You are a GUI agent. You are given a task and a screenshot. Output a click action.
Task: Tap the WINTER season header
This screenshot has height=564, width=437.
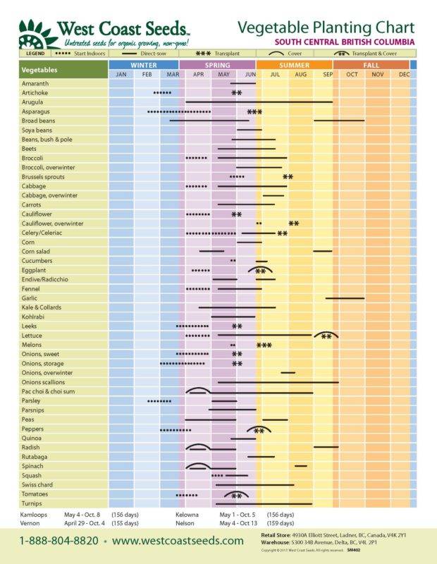coord(144,65)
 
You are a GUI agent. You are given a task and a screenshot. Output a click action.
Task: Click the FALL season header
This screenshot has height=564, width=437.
coord(371,65)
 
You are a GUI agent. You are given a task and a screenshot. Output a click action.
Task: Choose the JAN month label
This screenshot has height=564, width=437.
coord(121,74)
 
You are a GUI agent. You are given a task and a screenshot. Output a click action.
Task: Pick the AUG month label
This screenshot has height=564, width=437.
coord(301,74)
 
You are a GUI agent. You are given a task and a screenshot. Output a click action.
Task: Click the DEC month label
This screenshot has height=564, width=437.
coord(404,74)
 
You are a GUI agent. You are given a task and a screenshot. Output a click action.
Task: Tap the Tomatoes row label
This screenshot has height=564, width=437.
coord(36,494)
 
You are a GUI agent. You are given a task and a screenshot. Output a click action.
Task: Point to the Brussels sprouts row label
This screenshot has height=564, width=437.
coord(43,177)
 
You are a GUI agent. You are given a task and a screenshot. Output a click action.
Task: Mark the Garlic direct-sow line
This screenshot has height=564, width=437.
coord(345,298)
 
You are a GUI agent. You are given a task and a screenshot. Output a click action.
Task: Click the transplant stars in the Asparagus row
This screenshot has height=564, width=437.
coord(254,112)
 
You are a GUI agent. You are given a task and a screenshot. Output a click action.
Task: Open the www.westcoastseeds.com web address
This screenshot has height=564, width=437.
coord(178,541)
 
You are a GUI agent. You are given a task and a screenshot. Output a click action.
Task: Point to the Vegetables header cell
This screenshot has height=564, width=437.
coord(39,70)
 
